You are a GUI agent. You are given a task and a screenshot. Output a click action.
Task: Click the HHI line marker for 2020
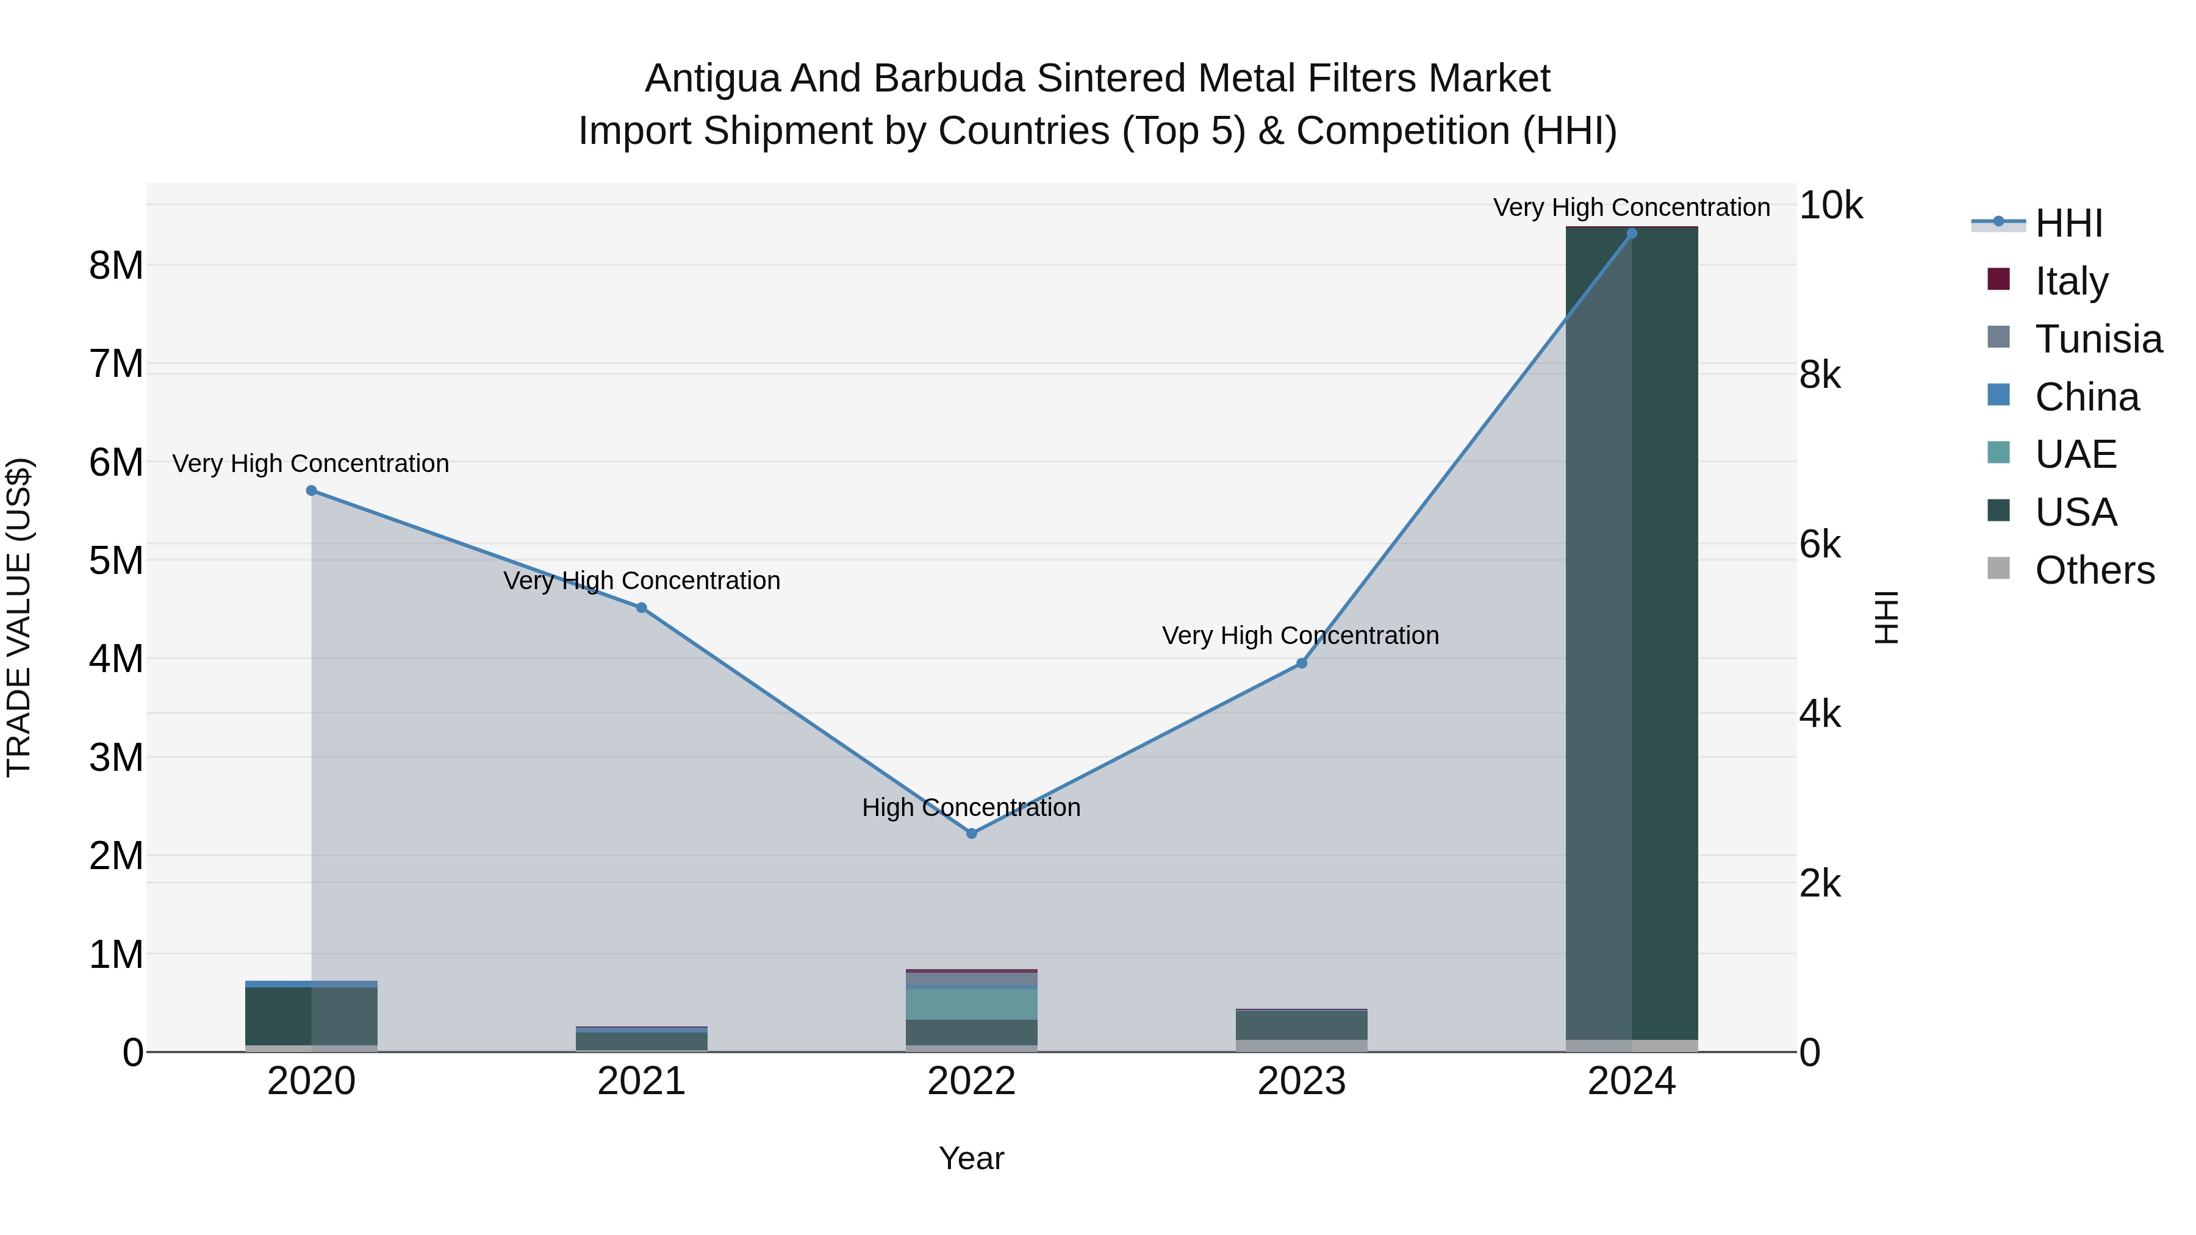point(311,491)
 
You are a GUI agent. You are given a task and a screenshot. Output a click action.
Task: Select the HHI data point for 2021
point(642,607)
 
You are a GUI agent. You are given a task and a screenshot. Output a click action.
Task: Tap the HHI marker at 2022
point(972,834)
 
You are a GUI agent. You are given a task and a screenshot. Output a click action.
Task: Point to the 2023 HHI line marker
point(1302,663)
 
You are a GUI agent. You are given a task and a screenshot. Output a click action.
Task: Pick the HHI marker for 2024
point(1632,234)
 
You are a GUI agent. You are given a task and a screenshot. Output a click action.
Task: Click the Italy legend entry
point(2071,281)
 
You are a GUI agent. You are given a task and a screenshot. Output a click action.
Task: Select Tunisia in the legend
point(2098,339)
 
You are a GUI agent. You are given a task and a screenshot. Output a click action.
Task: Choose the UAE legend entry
point(2075,454)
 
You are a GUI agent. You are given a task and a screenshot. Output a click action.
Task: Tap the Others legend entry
point(2094,570)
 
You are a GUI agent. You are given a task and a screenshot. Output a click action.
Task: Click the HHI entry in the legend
point(2068,223)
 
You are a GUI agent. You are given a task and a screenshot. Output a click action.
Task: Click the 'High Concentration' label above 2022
point(971,807)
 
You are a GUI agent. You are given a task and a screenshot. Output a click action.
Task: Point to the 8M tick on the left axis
point(116,266)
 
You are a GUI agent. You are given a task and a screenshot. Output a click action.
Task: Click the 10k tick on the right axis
point(1830,206)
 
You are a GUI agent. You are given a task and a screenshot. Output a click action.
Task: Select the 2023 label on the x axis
point(1302,1081)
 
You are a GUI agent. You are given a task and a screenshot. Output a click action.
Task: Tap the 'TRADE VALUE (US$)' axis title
point(20,617)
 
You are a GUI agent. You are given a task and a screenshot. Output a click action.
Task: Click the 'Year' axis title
point(971,1158)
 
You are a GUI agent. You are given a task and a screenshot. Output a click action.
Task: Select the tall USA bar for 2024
point(1632,631)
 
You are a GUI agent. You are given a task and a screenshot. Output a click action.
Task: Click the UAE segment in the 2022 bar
point(972,1004)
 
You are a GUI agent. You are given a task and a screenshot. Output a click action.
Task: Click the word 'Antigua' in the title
point(712,79)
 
